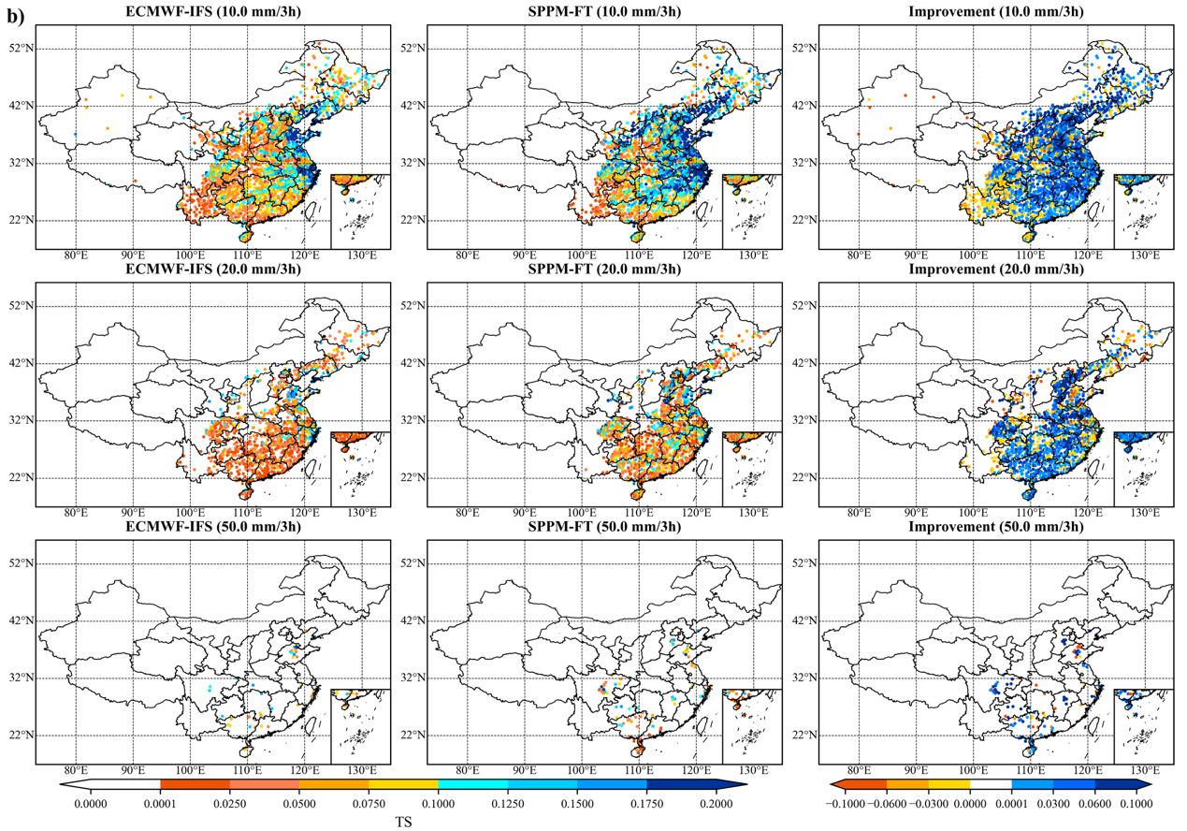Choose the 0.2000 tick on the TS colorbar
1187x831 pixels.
click(717, 802)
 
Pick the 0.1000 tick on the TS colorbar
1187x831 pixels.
click(438, 802)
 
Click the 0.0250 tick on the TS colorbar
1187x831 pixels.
click(229, 802)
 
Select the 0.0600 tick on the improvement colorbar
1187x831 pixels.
click(1098, 802)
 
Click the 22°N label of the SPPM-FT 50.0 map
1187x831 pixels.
click(413, 735)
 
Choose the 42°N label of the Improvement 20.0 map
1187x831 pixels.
click(805, 363)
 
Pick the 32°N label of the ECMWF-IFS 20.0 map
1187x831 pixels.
click(22, 420)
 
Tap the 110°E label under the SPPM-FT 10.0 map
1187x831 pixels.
click(640, 255)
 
